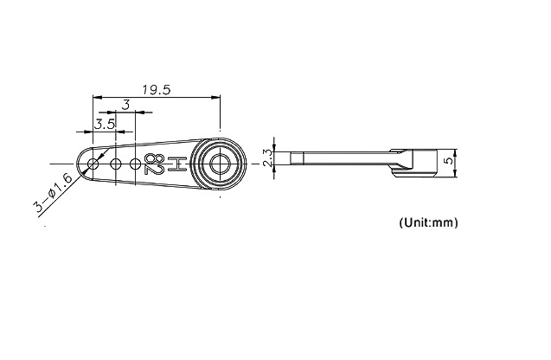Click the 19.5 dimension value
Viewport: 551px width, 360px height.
pos(157,90)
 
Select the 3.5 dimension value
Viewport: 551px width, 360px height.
pos(105,124)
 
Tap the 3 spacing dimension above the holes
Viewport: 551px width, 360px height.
pos(125,105)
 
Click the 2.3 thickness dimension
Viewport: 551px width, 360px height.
pos(267,157)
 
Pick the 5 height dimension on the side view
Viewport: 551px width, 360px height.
pos(448,161)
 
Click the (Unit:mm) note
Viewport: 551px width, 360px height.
pos(428,222)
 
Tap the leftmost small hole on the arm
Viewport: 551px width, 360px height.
pos(93,164)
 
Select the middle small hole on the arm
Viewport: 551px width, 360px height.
pos(116,164)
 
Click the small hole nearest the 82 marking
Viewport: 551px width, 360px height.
pos(135,164)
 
